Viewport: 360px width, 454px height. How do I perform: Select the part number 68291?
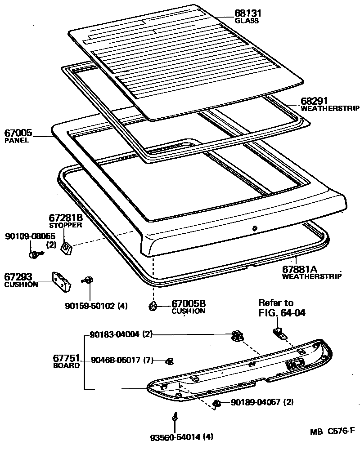coord(314,101)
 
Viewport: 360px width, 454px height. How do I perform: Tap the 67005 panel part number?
coord(18,133)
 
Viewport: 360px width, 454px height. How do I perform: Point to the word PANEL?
coord(17,140)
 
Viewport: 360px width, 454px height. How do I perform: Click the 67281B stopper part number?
coord(65,218)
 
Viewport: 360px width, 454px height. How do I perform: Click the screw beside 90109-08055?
coord(34,255)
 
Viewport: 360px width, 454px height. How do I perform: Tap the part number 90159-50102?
coord(90,306)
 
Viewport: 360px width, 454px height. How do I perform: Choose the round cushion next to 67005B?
coord(153,307)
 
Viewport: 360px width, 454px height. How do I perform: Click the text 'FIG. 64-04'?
coord(282,312)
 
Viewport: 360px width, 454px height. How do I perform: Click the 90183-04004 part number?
coord(114,334)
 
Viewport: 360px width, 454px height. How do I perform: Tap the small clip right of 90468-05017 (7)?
coord(170,361)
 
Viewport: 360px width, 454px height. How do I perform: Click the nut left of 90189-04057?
coord(216,402)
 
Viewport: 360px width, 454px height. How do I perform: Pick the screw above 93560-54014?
coord(174,417)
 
